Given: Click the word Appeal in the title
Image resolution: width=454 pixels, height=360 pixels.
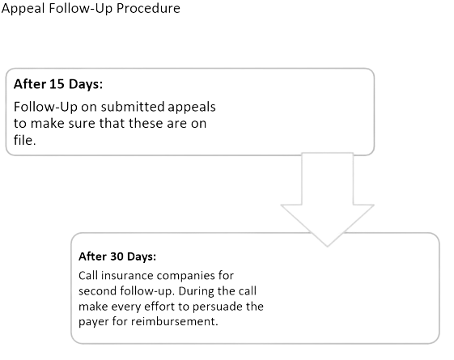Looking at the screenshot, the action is click(23, 8).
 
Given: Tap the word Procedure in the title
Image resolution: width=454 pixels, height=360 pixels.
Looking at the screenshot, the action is click(148, 8).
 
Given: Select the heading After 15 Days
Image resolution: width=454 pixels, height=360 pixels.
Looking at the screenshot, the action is click(58, 84).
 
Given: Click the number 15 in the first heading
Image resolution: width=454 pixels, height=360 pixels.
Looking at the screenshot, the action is click(57, 84).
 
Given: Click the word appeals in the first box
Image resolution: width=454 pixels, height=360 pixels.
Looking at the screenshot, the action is click(192, 108).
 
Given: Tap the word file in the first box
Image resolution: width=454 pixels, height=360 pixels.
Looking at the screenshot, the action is click(24, 140).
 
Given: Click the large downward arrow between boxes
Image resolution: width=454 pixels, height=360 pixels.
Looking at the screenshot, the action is click(327, 200).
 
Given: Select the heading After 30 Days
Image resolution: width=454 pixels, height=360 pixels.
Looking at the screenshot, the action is click(117, 256).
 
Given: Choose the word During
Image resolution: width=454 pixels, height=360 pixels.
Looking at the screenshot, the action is click(197, 291).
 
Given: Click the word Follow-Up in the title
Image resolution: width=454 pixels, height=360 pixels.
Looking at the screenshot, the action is click(80, 8).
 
